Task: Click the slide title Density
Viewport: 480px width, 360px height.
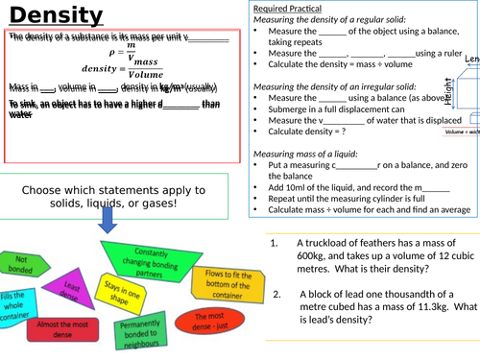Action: coord(60,16)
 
